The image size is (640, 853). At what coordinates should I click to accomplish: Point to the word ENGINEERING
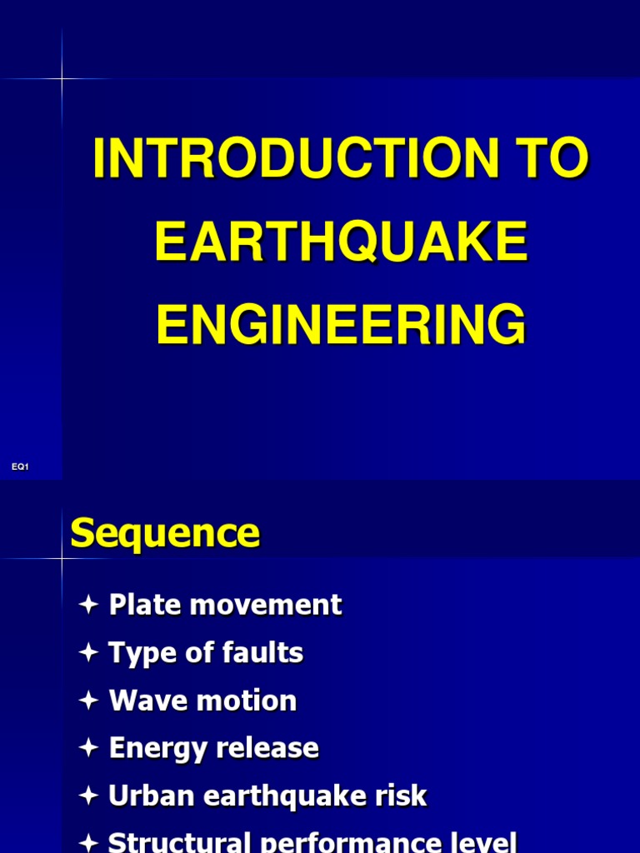coord(341,324)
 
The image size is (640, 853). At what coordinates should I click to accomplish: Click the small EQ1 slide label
coord(20,467)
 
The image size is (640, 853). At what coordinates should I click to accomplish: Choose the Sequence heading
coord(165,533)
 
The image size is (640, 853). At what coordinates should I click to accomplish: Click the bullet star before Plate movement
coord(89,606)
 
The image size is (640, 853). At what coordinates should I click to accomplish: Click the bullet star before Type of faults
coord(89,654)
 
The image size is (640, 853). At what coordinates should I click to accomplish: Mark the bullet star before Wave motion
coord(89,701)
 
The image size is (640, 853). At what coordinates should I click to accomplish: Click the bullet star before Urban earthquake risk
coord(89,797)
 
